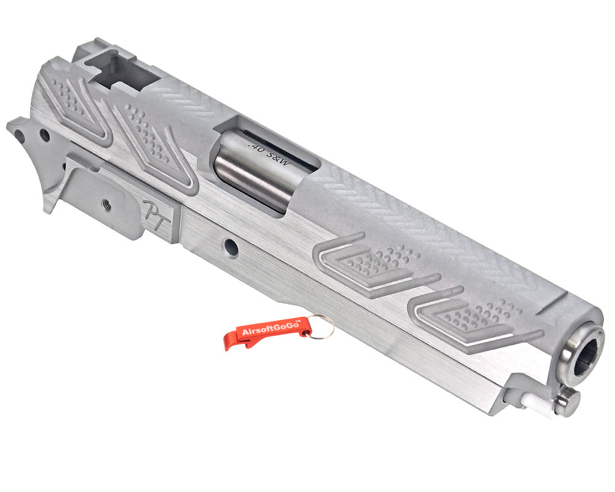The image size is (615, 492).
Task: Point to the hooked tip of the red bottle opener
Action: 229,344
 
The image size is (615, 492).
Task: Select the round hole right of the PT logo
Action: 231,247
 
